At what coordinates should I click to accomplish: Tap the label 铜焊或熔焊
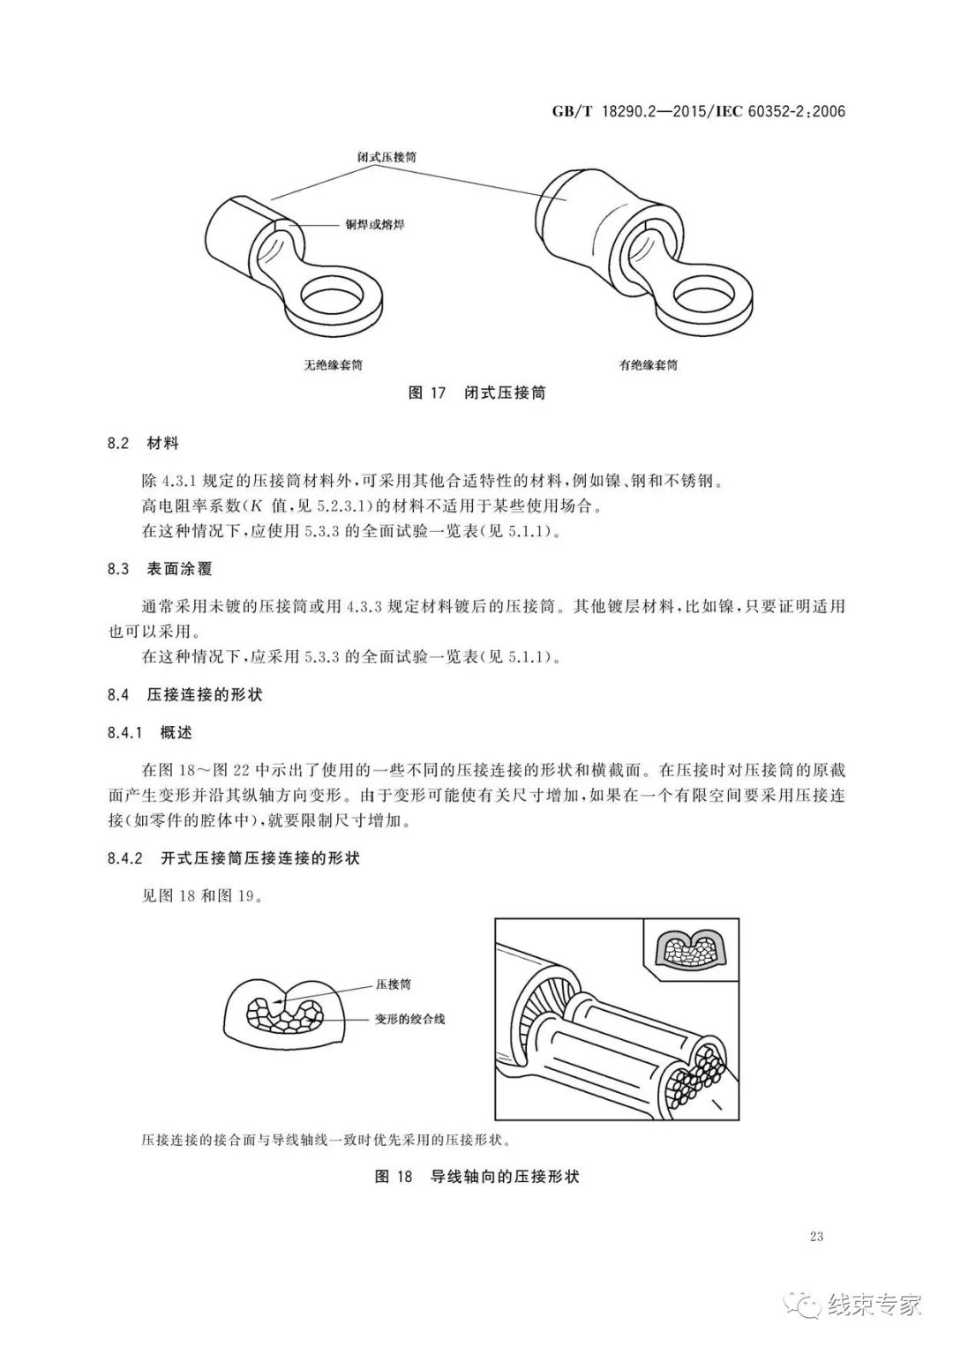click(375, 226)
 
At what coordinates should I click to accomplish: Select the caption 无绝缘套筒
click(334, 364)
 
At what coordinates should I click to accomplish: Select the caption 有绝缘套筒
click(649, 364)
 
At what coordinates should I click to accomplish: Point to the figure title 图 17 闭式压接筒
click(477, 393)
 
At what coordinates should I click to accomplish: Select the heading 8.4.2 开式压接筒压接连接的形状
click(233, 858)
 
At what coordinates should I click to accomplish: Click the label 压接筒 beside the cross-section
click(393, 984)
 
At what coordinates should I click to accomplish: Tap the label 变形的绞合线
click(410, 1019)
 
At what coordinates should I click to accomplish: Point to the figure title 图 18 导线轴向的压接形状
click(476, 1176)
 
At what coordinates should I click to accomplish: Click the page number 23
click(815, 1236)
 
